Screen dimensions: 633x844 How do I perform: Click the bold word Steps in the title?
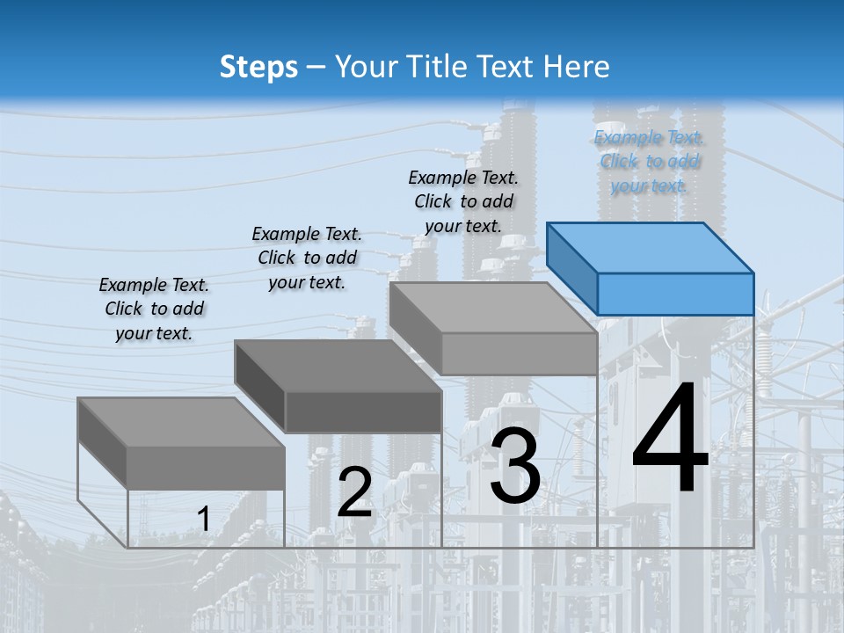258,67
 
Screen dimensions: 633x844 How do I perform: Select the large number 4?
670,439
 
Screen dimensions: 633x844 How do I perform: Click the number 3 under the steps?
515,467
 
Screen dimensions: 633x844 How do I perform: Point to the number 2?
354,492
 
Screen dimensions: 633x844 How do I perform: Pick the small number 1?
203,520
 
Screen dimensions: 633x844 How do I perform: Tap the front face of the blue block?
675,294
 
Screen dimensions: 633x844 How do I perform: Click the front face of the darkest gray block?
363,411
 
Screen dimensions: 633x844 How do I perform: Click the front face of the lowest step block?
206,468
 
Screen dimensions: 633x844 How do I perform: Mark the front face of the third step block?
519,353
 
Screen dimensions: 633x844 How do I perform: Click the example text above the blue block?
649,162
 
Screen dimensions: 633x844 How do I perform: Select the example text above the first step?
154,309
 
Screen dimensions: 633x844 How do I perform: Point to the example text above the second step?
307,258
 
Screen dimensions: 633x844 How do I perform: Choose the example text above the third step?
463,201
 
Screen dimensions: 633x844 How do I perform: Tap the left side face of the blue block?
572,267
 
